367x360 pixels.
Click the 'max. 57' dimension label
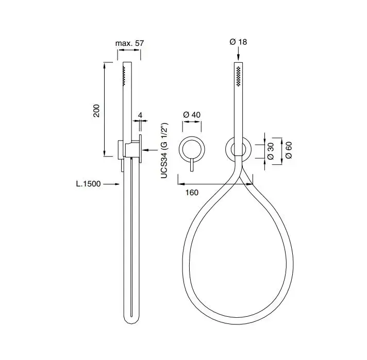129,43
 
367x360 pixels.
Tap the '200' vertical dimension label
96,111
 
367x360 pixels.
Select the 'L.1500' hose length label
89,184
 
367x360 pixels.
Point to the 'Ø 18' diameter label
238,42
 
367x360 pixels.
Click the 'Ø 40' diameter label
192,115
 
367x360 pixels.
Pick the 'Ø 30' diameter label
270,151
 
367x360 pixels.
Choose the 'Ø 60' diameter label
289,150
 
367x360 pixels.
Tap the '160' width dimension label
192,193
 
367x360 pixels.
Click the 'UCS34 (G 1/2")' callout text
164,150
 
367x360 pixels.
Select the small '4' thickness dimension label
140,115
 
